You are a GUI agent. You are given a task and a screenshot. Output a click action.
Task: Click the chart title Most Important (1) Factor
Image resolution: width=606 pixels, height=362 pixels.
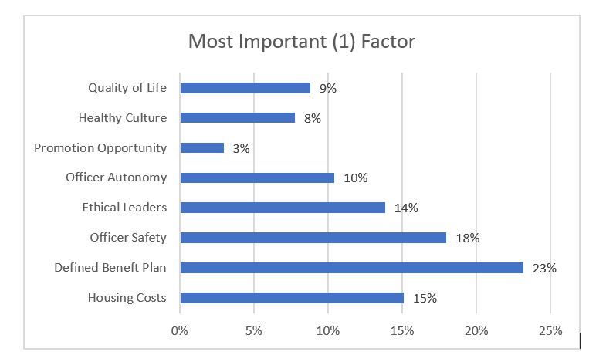click(x=302, y=41)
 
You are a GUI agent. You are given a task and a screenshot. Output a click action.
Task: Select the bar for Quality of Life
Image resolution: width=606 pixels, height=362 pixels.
click(x=245, y=88)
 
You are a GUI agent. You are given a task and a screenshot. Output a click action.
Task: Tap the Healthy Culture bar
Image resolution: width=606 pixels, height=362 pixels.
click(x=237, y=118)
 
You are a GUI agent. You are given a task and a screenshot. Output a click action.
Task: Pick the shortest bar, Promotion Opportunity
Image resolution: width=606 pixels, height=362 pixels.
click(x=201, y=148)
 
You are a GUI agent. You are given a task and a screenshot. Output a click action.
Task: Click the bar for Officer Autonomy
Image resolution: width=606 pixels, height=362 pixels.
click(x=257, y=178)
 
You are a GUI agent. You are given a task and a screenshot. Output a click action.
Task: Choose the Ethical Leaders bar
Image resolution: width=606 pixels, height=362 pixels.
click(x=283, y=208)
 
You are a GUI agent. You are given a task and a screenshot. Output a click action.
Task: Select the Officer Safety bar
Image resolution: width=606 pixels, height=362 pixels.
click(x=313, y=238)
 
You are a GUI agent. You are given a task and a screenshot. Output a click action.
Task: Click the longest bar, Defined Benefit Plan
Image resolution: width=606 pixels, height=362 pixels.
click(x=351, y=268)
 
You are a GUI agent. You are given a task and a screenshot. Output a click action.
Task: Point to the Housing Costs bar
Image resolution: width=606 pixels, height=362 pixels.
click(x=291, y=298)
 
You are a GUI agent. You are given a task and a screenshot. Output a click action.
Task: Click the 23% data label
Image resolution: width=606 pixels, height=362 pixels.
click(x=544, y=269)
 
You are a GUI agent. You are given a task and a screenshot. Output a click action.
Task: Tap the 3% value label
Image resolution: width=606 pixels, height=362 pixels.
click(x=241, y=149)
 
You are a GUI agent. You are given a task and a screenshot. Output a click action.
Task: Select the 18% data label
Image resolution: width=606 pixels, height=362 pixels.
click(x=467, y=239)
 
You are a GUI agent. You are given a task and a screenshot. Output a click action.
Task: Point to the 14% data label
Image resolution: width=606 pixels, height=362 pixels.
click(x=406, y=208)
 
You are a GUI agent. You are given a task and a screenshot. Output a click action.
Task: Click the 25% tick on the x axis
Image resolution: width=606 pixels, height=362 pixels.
click(x=550, y=331)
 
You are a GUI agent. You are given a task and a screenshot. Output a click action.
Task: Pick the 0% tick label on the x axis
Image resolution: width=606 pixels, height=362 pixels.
click(x=180, y=331)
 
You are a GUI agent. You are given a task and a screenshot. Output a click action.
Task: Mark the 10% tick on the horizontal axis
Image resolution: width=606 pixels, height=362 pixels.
click(x=328, y=331)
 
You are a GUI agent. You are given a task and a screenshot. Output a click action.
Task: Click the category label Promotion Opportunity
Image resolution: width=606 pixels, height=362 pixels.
click(x=100, y=147)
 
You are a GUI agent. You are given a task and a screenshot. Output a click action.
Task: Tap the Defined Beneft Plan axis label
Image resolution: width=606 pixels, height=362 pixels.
click(x=110, y=268)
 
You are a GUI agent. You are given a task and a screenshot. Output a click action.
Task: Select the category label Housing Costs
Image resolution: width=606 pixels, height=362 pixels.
click(x=127, y=298)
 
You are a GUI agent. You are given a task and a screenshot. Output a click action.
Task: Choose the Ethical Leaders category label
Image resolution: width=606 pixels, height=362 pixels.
click(x=124, y=208)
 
